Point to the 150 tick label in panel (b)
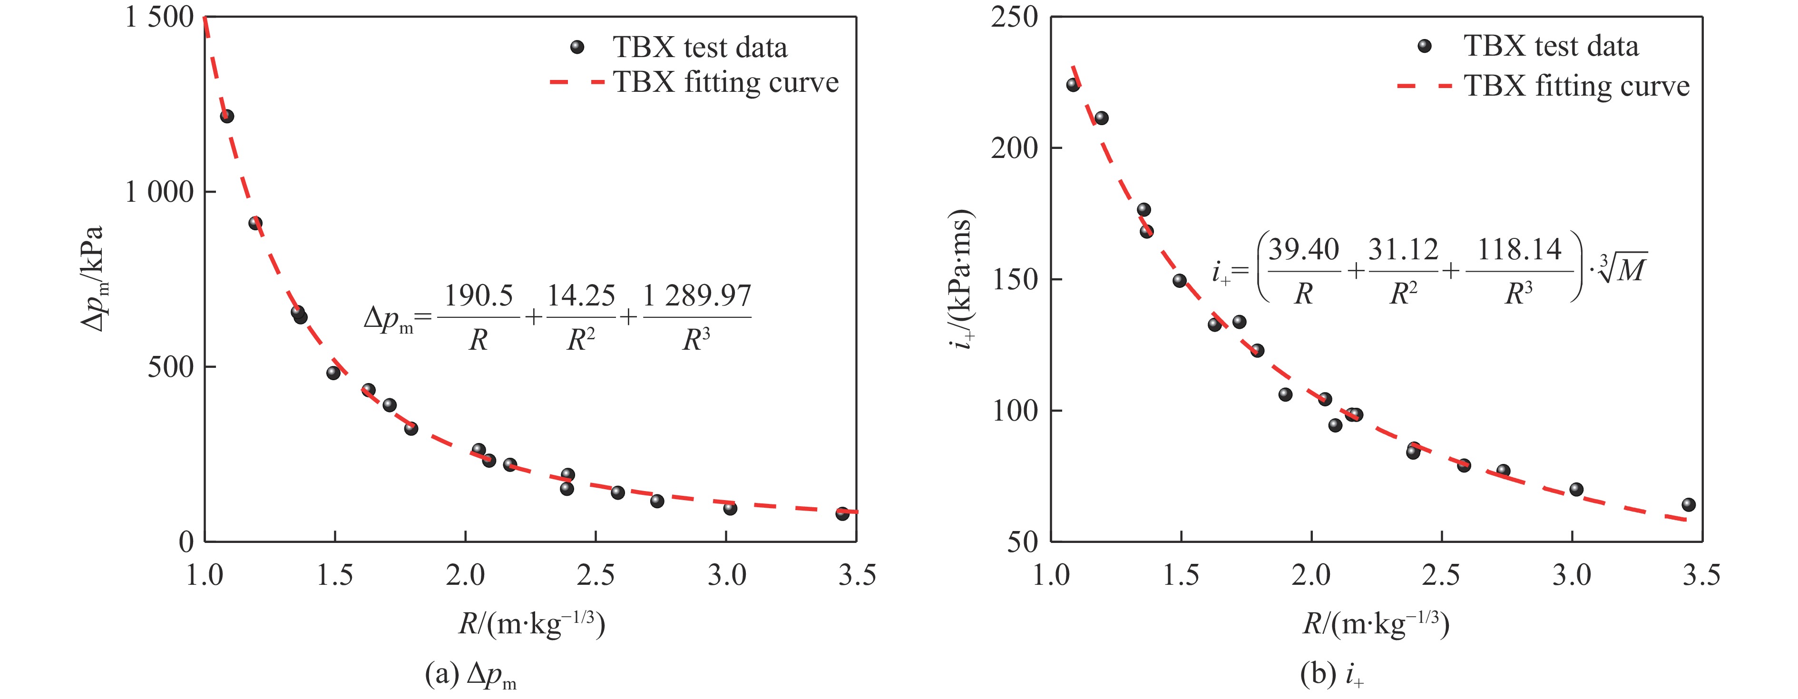click(x=1014, y=279)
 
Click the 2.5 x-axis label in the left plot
click(x=596, y=575)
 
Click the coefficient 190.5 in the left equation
click(x=479, y=296)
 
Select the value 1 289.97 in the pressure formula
click(x=696, y=296)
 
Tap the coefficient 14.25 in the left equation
click(x=581, y=296)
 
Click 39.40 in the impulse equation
click(x=1304, y=250)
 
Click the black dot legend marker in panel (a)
click(x=577, y=47)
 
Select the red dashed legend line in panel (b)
click(x=1424, y=87)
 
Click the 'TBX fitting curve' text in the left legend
click(x=726, y=82)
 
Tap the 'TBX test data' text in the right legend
click(x=1551, y=46)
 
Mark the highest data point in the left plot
click(x=227, y=116)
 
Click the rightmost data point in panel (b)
click(x=1689, y=504)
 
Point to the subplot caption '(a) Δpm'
click(x=470, y=675)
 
